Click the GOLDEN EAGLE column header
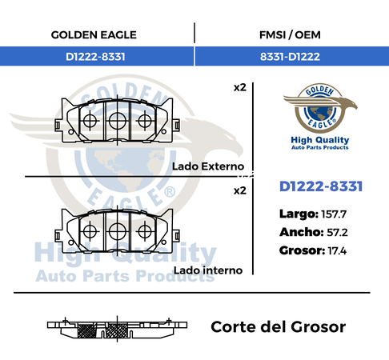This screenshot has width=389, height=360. click(x=94, y=35)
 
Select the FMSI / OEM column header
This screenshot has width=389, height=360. click(x=290, y=35)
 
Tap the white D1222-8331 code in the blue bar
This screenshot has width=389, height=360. click(x=95, y=57)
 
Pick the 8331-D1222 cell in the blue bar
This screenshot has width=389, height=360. click(x=290, y=57)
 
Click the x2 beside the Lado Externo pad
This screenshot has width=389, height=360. click(x=240, y=87)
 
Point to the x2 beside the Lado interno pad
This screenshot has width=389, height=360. click(x=240, y=190)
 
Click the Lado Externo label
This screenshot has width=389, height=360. click(x=208, y=166)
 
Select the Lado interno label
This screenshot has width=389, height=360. click(x=208, y=270)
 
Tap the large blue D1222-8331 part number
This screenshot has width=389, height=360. click(x=321, y=186)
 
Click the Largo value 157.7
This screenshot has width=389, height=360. click(x=334, y=214)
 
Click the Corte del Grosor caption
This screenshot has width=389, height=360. click(x=279, y=327)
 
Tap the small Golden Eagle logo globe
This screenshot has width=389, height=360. click(x=320, y=113)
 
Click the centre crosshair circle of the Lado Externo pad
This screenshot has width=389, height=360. click(x=118, y=121)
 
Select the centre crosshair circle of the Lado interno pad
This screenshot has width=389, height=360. click(x=118, y=231)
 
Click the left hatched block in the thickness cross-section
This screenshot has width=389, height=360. click(x=86, y=330)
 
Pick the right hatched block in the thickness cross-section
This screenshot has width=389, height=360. click(x=118, y=330)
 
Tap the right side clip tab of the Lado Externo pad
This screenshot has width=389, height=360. click(x=176, y=125)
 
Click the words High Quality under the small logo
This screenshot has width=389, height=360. click(x=320, y=140)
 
